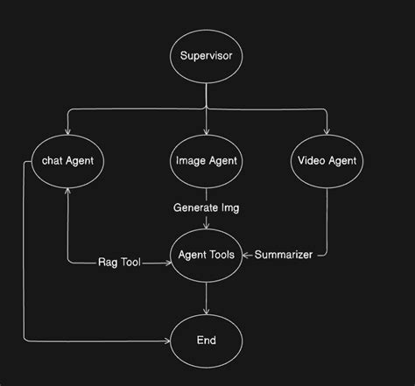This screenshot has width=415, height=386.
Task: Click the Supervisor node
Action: [206, 59]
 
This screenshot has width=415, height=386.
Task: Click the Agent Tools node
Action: [206, 256]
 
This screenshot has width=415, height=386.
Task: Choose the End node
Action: [206, 340]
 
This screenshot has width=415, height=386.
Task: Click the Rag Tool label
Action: [119, 262]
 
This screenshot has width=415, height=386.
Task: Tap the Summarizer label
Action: [283, 255]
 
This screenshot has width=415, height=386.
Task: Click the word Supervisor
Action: [206, 59]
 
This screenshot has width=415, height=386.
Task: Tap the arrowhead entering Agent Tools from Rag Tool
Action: [167, 262]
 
